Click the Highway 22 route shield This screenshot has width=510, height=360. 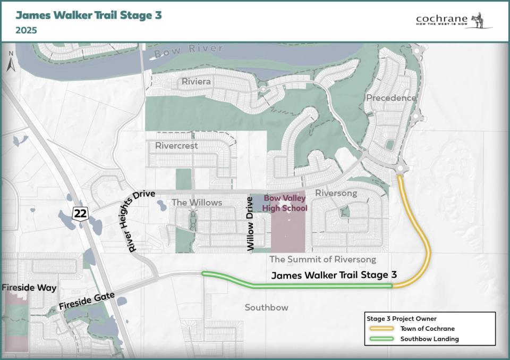coord(80,214)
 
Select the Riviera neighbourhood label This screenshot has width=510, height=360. coord(196,82)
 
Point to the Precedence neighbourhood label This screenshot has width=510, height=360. coord(391,98)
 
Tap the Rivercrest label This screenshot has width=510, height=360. coord(176,146)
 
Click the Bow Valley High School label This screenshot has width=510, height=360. coord(285,203)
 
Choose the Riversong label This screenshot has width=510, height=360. coord(336,193)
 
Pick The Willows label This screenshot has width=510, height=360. coord(197,202)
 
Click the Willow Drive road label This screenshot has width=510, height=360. coord(251,223)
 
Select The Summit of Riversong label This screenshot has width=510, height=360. coord(322,259)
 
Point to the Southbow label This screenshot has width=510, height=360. coord(266,307)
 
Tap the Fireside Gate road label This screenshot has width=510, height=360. coord(87,301)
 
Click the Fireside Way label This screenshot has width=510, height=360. coord(29,288)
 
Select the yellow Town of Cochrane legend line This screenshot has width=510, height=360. coord(381,329)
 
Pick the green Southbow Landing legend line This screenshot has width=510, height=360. coord(381,339)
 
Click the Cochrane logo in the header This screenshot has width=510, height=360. coord(454,20)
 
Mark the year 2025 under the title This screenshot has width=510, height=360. coord(26,30)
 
